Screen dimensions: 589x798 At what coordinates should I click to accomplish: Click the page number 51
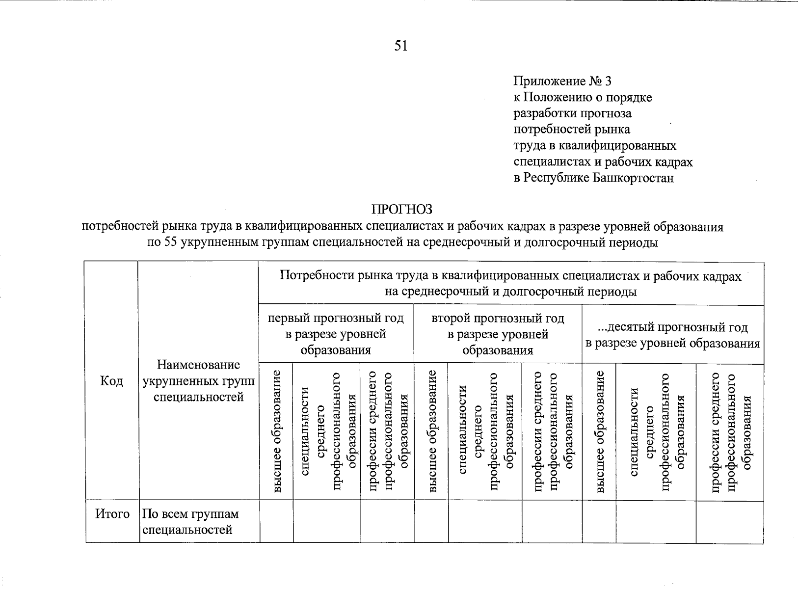point(400,46)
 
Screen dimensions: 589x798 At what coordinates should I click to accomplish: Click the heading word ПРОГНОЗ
point(402,210)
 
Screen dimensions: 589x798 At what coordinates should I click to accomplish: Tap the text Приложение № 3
point(562,81)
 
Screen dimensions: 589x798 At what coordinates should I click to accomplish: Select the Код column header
point(111,381)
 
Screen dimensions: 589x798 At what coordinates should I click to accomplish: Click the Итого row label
point(112,514)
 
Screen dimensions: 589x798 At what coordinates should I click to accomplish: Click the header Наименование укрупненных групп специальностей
point(198,381)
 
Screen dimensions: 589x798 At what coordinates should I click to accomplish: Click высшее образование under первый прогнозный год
point(276,432)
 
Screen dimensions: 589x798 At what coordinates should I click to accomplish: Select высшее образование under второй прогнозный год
point(431,432)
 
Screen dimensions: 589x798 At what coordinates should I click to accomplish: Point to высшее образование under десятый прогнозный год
point(599,432)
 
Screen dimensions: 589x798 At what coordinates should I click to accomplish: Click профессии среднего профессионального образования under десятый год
point(730,432)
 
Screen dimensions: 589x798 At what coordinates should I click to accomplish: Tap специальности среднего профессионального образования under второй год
point(485,432)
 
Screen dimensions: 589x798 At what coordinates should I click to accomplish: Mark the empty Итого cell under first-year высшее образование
point(276,521)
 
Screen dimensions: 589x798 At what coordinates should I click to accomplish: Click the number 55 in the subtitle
point(170,242)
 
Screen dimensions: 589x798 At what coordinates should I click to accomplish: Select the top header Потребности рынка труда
point(510,284)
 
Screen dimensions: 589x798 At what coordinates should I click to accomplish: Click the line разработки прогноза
point(572,113)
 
